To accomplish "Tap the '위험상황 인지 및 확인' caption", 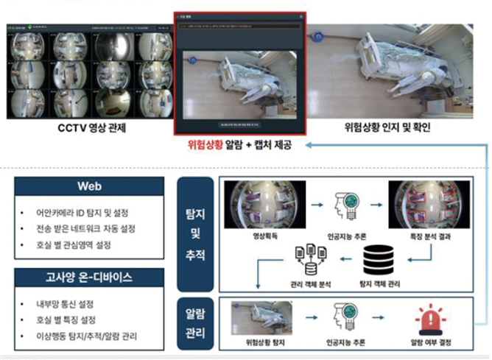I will (387, 127).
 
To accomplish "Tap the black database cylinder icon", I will (378, 261).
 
